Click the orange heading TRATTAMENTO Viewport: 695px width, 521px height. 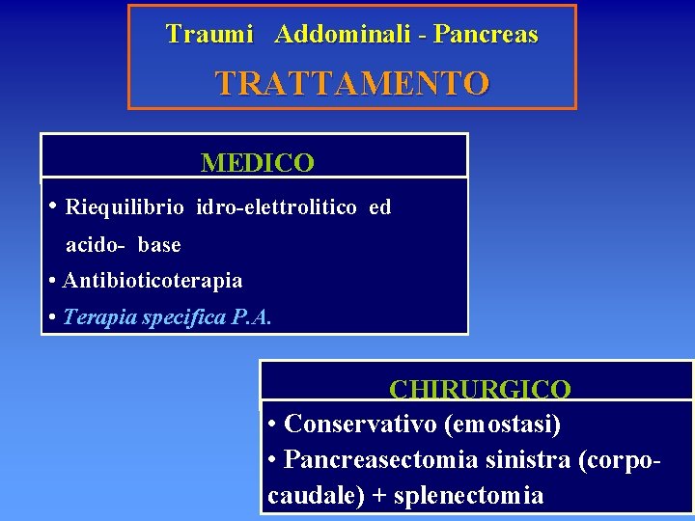click(x=352, y=83)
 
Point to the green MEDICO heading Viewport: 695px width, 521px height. click(x=257, y=163)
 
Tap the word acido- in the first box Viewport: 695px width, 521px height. click(x=95, y=245)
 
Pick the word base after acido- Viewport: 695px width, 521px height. click(x=159, y=245)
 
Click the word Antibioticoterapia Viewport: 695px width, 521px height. click(x=153, y=281)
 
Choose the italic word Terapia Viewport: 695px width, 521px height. click(x=98, y=317)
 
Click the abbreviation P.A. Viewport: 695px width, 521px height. click(x=253, y=317)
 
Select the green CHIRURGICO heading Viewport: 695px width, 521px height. click(x=480, y=389)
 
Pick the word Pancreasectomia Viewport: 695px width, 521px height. click(x=381, y=459)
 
